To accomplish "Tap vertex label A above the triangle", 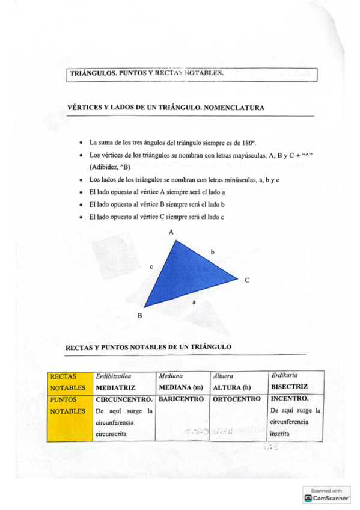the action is [171, 232].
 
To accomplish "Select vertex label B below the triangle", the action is [139, 315].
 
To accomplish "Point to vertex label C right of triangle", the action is [246, 279].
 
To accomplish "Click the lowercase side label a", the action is [194, 303].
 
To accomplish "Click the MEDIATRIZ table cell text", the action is [116, 387].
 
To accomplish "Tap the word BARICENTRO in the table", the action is [180, 399].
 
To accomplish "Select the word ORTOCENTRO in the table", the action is [237, 399].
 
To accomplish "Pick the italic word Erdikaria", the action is [285, 375].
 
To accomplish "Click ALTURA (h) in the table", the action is [231, 387].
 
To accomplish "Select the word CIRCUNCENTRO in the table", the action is [124, 399].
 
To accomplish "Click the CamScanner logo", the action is [328, 498].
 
